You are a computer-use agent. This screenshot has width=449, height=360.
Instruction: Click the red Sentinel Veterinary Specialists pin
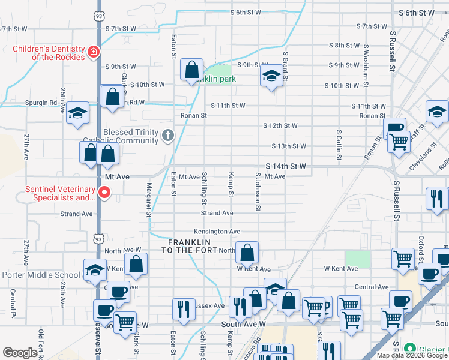(104, 193)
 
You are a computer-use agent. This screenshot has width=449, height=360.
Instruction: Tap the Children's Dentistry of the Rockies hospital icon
(93, 53)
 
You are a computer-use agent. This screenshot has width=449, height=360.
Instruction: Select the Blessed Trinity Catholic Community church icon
(167, 137)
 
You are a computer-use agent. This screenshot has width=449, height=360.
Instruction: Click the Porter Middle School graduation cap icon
(95, 270)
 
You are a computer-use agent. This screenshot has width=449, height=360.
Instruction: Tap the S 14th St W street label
(286, 165)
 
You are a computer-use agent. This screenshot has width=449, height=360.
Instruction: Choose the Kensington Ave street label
(217, 231)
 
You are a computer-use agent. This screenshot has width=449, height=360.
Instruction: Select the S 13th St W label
(289, 146)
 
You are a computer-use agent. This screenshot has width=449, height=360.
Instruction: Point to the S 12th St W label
(280, 125)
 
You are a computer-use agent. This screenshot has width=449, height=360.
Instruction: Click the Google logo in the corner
(20, 353)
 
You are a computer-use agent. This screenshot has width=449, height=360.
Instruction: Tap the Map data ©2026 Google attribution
(412, 355)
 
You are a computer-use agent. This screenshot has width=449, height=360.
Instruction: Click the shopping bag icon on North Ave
(247, 254)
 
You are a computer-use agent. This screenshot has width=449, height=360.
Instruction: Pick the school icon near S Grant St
(271, 77)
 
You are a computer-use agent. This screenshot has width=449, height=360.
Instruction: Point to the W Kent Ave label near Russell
(340, 268)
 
